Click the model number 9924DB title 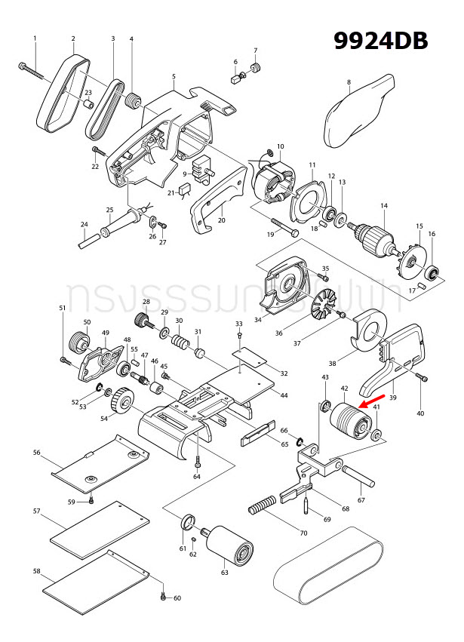[x=382, y=39]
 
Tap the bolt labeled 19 [x=282, y=228]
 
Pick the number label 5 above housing [x=174, y=76]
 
